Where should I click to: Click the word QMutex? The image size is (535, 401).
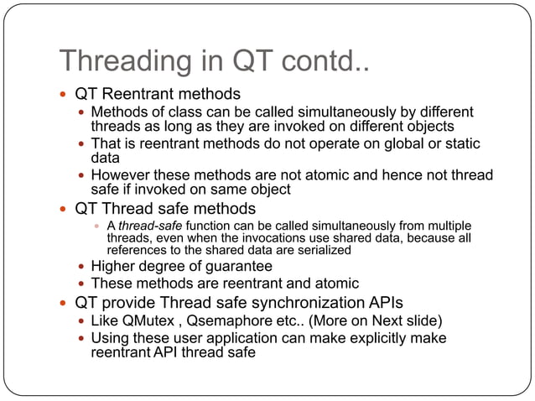pos(148,320)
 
